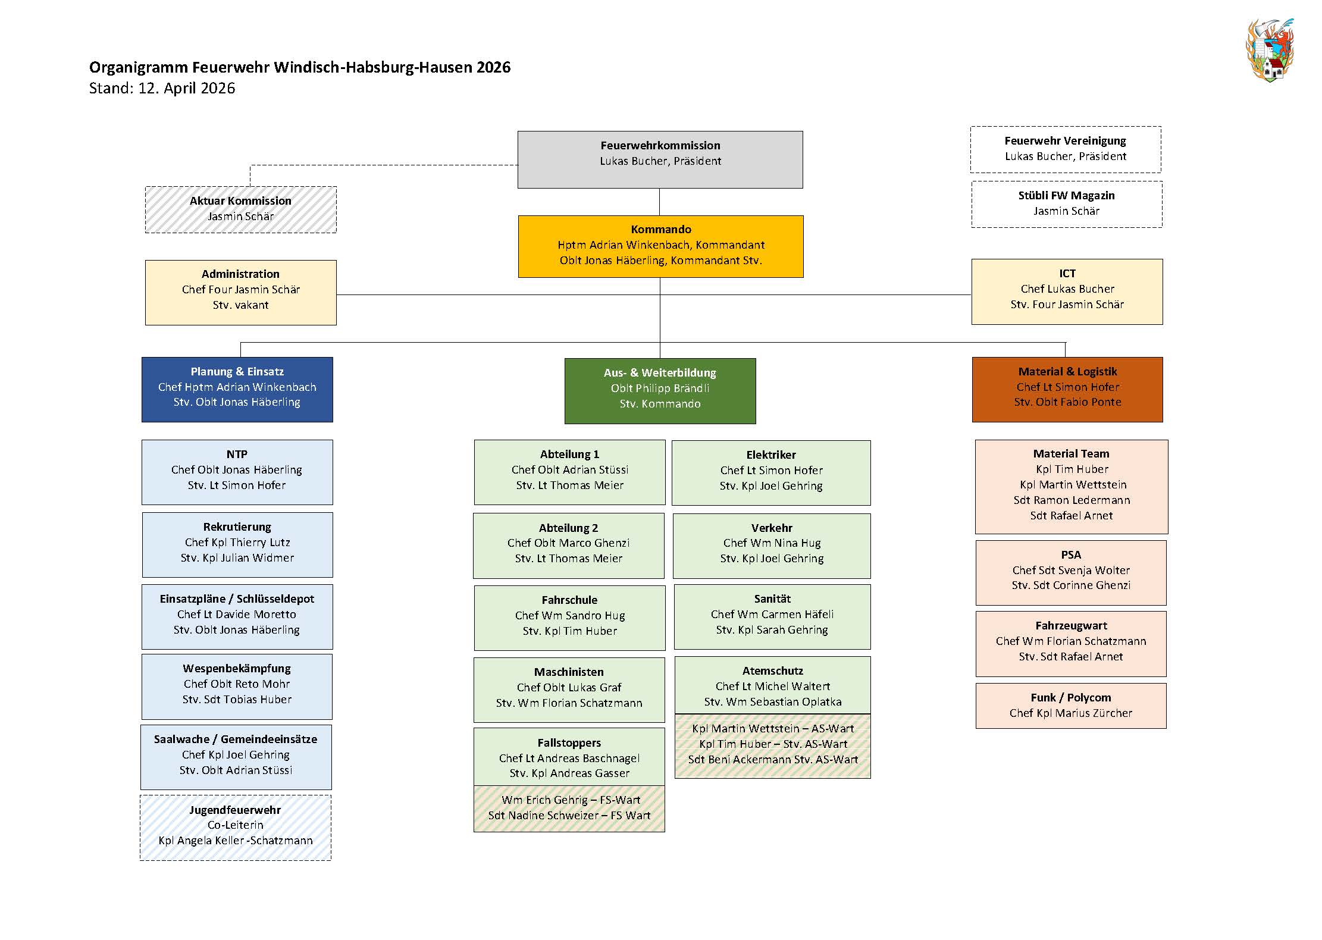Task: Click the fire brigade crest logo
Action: [x=1269, y=50]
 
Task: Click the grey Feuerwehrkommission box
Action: [x=660, y=159]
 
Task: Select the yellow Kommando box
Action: [x=660, y=246]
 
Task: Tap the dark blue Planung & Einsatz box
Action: [x=237, y=390]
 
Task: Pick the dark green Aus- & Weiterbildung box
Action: [x=660, y=391]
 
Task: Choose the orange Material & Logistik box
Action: [x=1067, y=390]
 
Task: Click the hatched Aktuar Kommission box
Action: [x=240, y=209]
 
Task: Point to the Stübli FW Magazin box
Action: [x=1067, y=204]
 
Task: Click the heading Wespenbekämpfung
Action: [x=237, y=669]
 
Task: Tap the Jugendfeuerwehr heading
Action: [x=235, y=810]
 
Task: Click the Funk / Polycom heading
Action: [x=1071, y=698]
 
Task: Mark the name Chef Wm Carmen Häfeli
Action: [x=772, y=615]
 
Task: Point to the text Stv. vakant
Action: [x=240, y=305]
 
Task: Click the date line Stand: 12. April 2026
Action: [x=162, y=88]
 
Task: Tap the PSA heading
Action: [x=1071, y=555]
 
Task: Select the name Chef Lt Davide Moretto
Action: [x=237, y=615]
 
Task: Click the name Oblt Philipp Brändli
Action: [x=660, y=388]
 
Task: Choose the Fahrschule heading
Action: [x=569, y=600]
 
